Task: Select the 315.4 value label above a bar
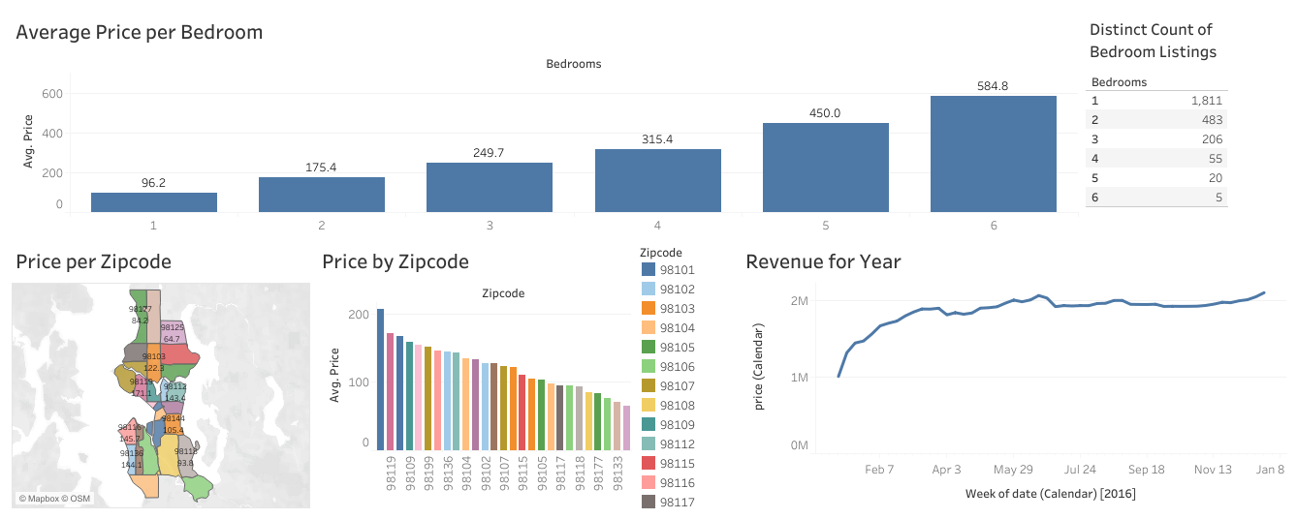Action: click(x=657, y=139)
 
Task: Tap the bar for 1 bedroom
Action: click(x=154, y=201)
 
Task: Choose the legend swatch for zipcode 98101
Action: click(x=648, y=270)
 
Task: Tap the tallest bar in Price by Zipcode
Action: click(x=380, y=379)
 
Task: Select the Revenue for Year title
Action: click(x=823, y=261)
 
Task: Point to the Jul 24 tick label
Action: click(x=1079, y=470)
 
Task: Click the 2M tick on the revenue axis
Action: click(x=799, y=301)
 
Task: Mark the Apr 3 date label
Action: click(x=946, y=470)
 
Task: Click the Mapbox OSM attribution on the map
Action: click(x=54, y=499)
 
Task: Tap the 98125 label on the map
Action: click(x=173, y=328)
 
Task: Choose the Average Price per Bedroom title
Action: click(x=140, y=32)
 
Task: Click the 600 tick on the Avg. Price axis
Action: click(x=51, y=94)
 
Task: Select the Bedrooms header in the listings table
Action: click(x=1119, y=82)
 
